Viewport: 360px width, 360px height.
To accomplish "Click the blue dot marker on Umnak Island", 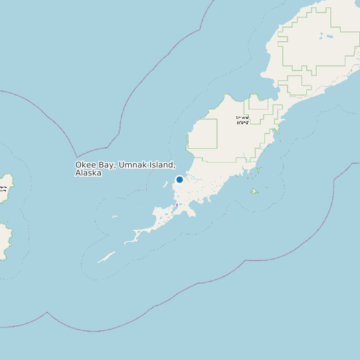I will point(179,179).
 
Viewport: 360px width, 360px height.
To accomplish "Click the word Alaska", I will point(88,173).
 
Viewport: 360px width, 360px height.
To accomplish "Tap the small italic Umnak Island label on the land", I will point(242,120).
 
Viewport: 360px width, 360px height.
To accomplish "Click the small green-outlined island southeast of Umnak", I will point(254,191).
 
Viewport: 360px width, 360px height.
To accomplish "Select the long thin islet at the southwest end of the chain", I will point(106,257).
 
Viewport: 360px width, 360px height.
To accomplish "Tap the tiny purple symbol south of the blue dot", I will point(177,205).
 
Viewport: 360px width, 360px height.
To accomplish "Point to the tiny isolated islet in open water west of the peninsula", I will point(114,217).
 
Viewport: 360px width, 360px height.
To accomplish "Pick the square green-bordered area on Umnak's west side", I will point(203,134).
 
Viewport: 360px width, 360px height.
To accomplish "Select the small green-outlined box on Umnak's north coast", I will point(258,102).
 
